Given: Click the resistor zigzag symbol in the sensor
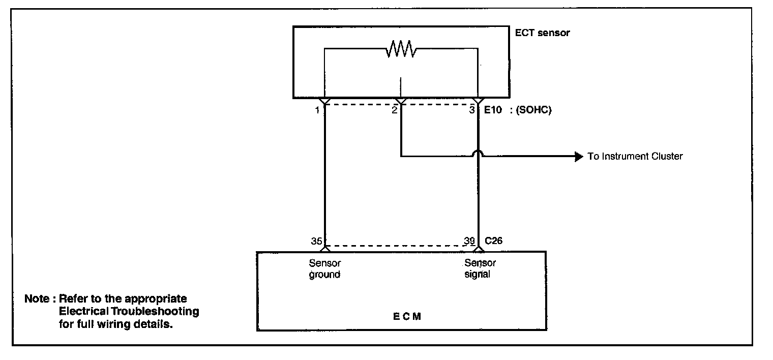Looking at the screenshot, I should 401,49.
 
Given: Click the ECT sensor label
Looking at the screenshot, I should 543,33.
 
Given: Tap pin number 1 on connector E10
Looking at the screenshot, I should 317,110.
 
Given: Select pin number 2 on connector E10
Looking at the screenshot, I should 394,110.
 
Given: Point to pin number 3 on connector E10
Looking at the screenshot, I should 472,110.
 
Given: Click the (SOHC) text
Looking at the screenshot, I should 533,110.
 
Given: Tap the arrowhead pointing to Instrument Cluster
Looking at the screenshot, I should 578,156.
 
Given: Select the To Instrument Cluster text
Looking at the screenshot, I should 635,157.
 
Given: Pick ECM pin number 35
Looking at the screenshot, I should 316,241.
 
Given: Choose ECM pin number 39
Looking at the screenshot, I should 469,241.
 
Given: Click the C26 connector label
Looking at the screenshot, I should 493,241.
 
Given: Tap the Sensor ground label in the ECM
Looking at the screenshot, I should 324,269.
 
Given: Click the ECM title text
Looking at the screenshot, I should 407,317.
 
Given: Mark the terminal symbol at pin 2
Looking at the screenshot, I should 401,101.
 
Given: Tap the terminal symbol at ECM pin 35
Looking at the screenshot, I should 324,248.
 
